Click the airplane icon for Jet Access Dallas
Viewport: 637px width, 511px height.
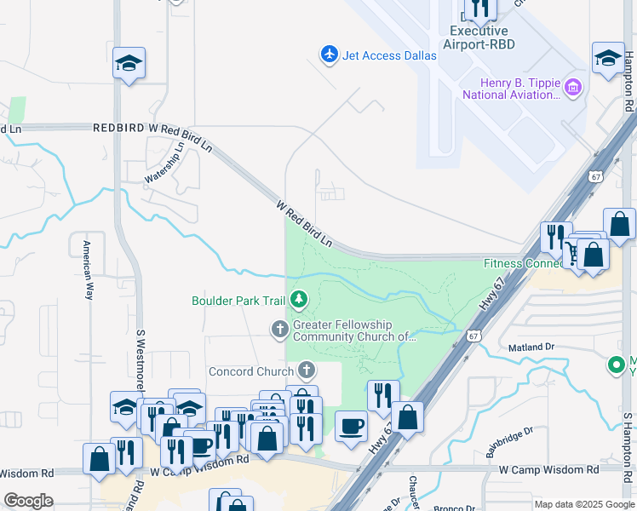tap(330, 55)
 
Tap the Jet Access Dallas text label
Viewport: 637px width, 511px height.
tap(389, 55)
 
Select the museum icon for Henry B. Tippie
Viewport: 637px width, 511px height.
tap(573, 88)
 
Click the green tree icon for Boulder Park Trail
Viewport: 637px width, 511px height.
tap(298, 300)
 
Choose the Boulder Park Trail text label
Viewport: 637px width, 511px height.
tap(238, 301)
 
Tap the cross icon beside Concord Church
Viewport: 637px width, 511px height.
tap(307, 371)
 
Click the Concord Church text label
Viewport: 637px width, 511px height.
tap(251, 372)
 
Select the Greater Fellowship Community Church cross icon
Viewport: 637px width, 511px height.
tap(279, 329)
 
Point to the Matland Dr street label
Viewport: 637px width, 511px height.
tap(531, 347)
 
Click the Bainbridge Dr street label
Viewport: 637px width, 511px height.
tap(509, 443)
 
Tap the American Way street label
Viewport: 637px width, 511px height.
tap(87, 270)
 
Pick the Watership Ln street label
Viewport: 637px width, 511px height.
tap(164, 162)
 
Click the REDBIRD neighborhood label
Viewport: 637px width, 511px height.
tap(119, 127)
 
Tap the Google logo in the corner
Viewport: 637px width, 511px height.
tap(28, 501)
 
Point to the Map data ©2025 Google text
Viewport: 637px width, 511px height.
tap(583, 504)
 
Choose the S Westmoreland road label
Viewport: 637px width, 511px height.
tap(141, 358)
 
